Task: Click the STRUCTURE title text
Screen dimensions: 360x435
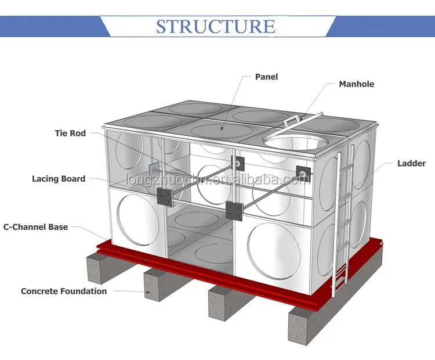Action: pos(216,26)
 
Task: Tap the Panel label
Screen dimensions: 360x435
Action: pos(266,77)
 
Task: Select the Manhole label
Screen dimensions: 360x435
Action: pos(356,84)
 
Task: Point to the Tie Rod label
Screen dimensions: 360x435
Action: pos(70,133)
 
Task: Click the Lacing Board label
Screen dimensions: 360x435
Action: pos(59,179)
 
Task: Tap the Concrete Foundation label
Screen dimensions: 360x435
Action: pos(64,291)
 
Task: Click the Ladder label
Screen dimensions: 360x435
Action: pos(411,164)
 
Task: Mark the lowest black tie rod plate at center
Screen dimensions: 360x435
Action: pos(235,210)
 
